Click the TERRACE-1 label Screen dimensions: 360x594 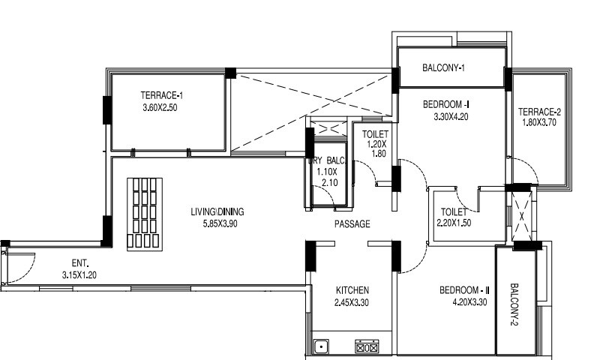pos(162,95)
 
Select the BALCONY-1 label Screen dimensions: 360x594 pos(444,69)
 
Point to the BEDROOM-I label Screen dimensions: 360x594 pos(445,104)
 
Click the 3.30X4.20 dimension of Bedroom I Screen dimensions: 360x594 pos(451,116)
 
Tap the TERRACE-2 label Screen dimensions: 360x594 pos(539,112)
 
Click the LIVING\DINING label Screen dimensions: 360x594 pos(217,211)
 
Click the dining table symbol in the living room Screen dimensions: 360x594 pos(144,212)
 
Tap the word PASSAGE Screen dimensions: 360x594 pos(352,224)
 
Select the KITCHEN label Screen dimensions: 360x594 pos(352,290)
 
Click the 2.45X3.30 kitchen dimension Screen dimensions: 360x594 pos(352,302)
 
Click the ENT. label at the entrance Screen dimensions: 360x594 pos(80,263)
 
